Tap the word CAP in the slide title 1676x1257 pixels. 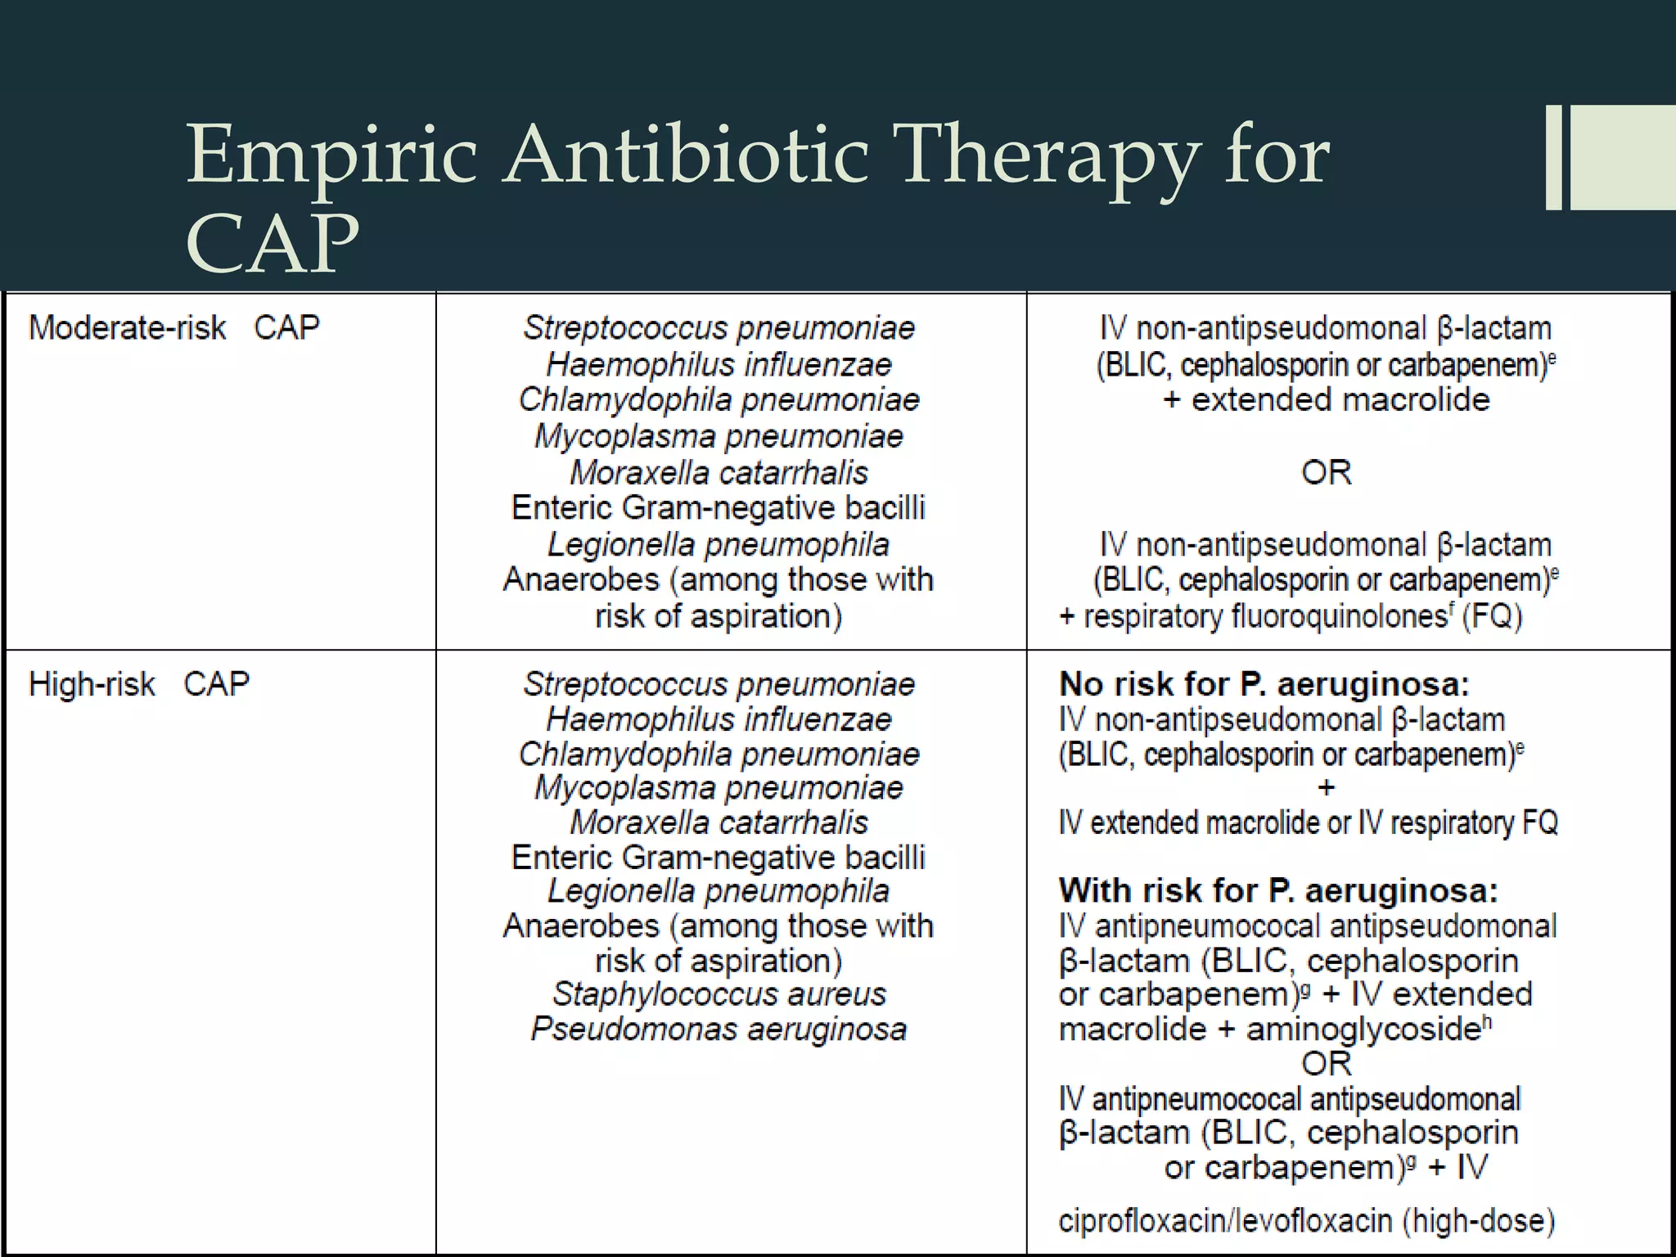coord(273,245)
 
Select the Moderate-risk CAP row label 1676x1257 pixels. coord(173,327)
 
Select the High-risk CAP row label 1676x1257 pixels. coord(138,683)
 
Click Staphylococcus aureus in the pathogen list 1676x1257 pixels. coord(719,994)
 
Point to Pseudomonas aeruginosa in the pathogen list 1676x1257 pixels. coord(719,1029)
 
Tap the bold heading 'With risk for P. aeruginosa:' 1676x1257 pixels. coord(1278,890)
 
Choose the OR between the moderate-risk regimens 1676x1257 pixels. coord(1326,472)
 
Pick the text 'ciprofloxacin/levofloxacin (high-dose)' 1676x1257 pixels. coord(1306,1220)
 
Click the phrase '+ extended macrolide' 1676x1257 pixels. coord(1326,400)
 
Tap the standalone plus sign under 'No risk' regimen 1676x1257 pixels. coord(1326,788)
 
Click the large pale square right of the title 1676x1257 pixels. coord(1624,157)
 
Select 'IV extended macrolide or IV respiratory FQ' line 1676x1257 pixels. coord(1308,822)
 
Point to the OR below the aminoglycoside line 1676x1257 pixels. coord(1326,1064)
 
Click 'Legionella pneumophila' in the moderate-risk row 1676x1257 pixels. coord(719,544)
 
